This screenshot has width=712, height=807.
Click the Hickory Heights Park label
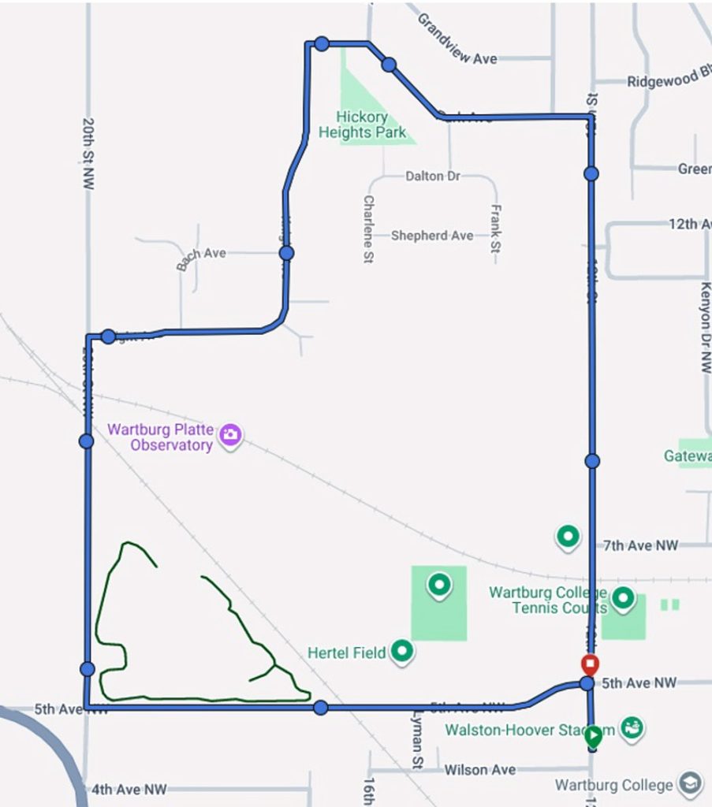click(x=362, y=125)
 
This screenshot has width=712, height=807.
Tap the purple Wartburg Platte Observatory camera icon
click(x=229, y=435)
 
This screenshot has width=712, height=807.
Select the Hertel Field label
click(x=346, y=653)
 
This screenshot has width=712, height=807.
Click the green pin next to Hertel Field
click(x=403, y=652)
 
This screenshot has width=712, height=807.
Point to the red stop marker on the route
click(x=589, y=664)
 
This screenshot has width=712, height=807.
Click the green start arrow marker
click(x=593, y=737)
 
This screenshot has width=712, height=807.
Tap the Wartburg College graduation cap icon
click(x=691, y=784)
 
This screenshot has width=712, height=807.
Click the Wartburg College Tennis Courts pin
click(x=623, y=598)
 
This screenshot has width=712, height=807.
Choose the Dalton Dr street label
click(x=433, y=177)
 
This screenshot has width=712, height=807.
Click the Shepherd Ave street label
click(x=432, y=236)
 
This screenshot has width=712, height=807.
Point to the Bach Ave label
click(x=201, y=258)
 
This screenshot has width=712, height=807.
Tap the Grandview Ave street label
click(x=457, y=39)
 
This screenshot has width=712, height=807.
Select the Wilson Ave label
click(x=479, y=769)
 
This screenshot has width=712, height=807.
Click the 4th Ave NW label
click(x=129, y=789)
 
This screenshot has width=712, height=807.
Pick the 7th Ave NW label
click(x=640, y=545)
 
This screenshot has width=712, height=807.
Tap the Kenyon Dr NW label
click(x=705, y=326)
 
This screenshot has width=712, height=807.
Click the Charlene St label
click(x=367, y=229)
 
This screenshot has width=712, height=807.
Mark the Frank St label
click(x=495, y=229)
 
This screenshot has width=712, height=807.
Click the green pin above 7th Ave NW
click(x=568, y=537)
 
